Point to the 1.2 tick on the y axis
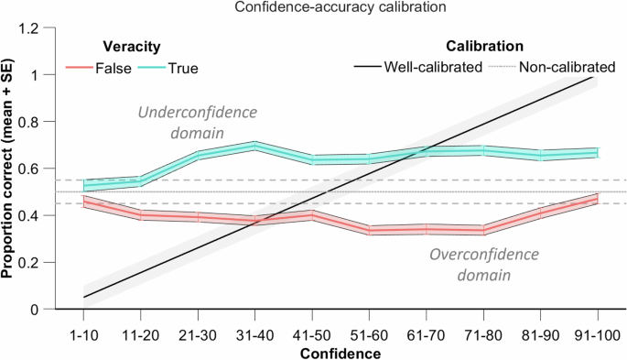pyautogui.click(x=39, y=28)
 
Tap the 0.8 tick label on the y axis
pyautogui.click(x=39, y=122)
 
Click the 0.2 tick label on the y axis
pyautogui.click(x=39, y=263)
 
